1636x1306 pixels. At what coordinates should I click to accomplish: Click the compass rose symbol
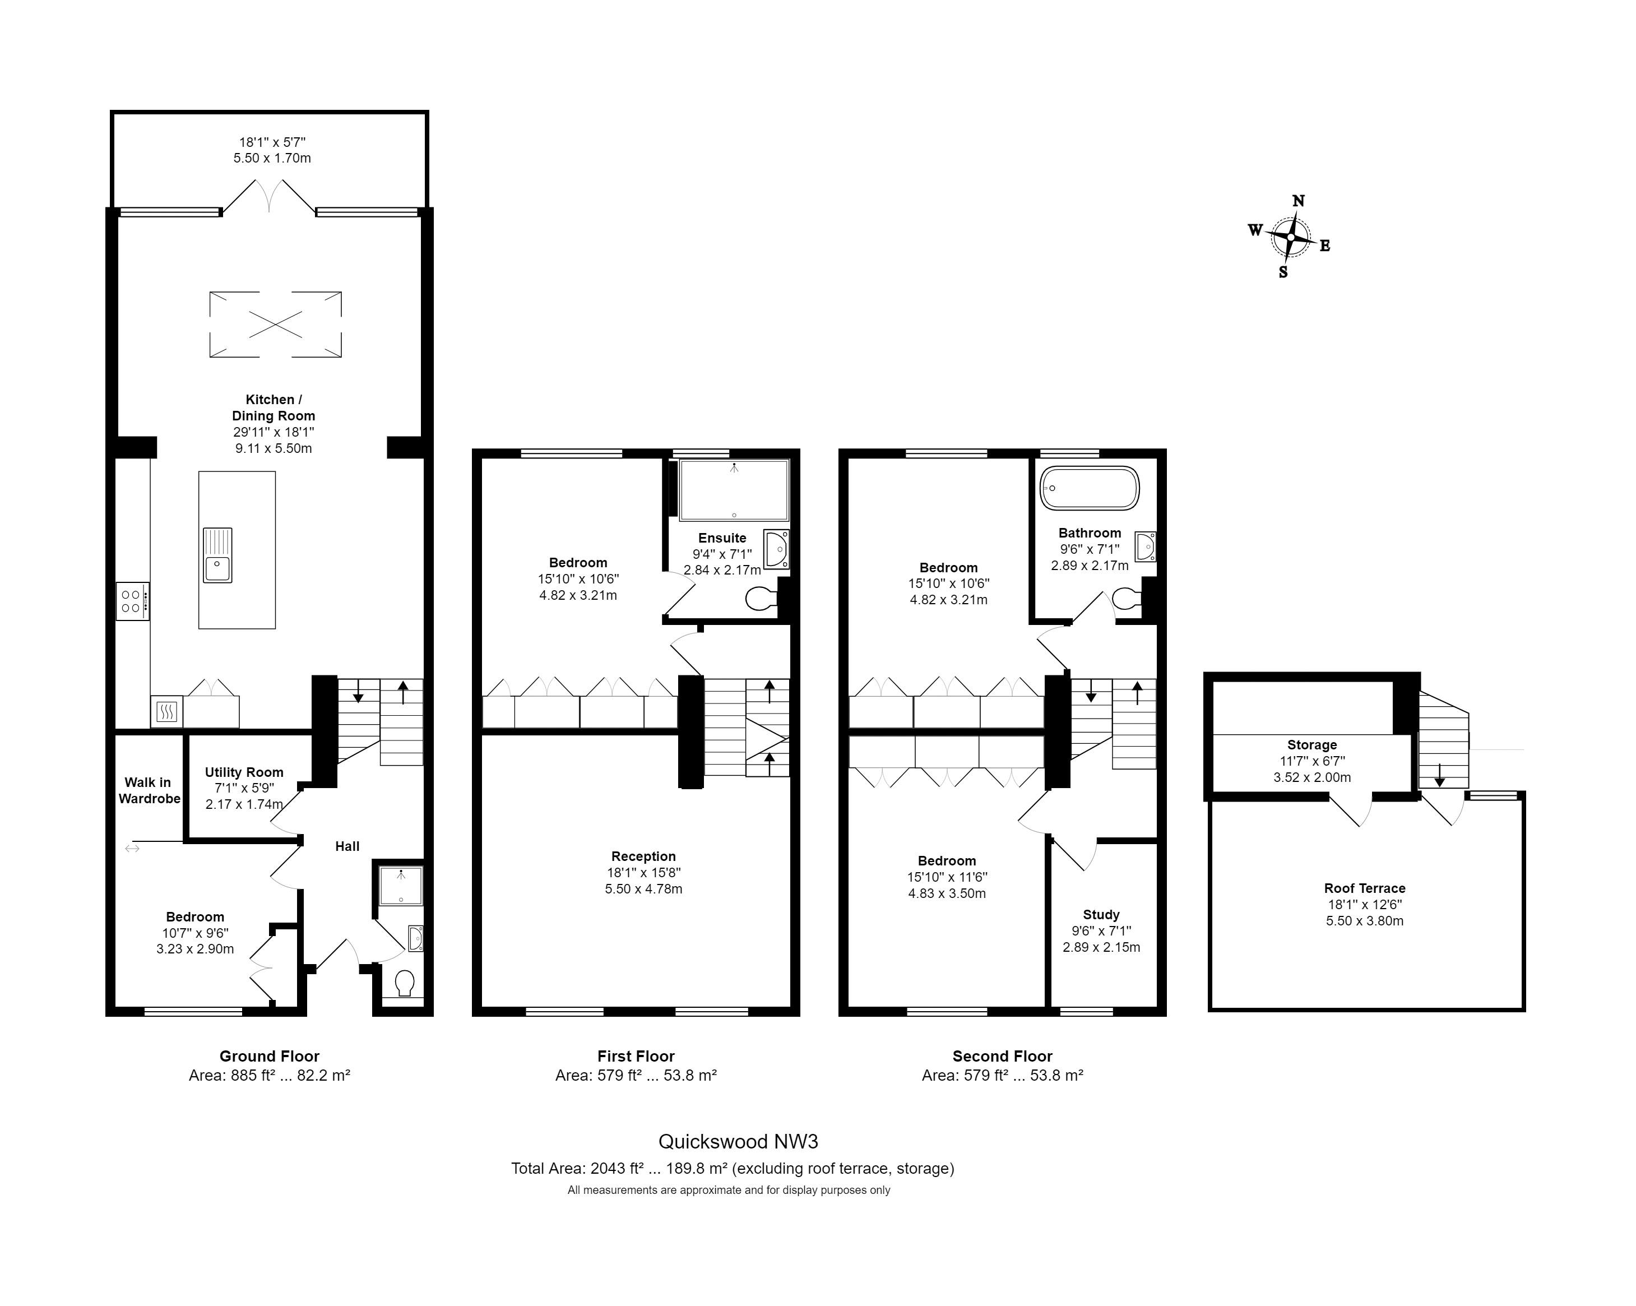(1290, 237)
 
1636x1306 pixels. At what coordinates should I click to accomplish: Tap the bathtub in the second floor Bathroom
(1090, 488)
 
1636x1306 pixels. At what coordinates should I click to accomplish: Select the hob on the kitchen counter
(132, 601)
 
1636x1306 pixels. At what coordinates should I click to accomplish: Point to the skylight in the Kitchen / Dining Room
(275, 324)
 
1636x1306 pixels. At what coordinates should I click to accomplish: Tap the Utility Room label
(244, 772)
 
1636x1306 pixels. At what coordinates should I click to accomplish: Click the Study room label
(1101, 914)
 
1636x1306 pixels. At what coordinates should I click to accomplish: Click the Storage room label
(1312, 744)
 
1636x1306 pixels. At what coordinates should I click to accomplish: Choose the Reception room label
(643, 856)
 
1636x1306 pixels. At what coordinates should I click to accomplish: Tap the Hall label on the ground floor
(347, 846)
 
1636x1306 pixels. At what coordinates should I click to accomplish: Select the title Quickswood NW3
(738, 1141)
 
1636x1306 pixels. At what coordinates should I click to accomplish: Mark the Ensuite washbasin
(776, 549)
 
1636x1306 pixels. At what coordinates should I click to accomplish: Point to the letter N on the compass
(1299, 201)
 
